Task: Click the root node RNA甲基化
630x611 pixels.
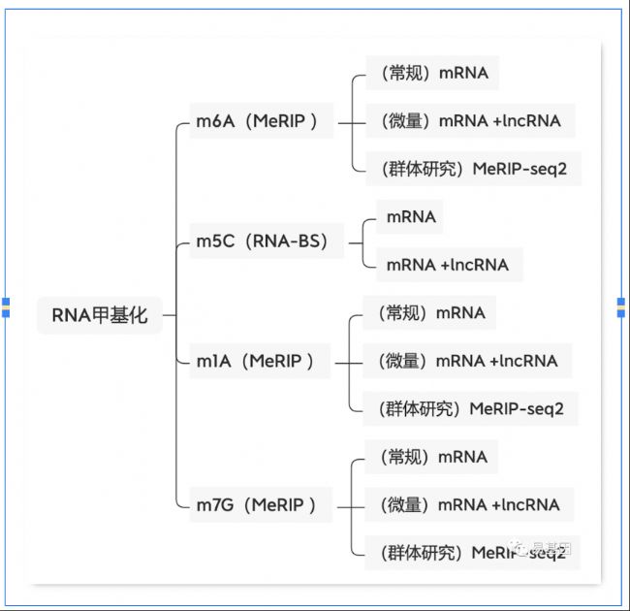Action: pos(99,315)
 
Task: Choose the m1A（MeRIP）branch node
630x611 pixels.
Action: pos(255,362)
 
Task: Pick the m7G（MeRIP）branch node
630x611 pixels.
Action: pos(257,505)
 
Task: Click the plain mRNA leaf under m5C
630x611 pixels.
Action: pos(411,217)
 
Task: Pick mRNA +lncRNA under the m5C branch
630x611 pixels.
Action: pos(447,265)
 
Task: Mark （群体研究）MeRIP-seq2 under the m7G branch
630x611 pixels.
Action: pos(465,553)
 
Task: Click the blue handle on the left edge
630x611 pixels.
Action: pos(6,307)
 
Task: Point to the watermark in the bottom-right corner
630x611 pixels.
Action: pos(544,549)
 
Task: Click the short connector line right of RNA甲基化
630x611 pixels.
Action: pos(170,315)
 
